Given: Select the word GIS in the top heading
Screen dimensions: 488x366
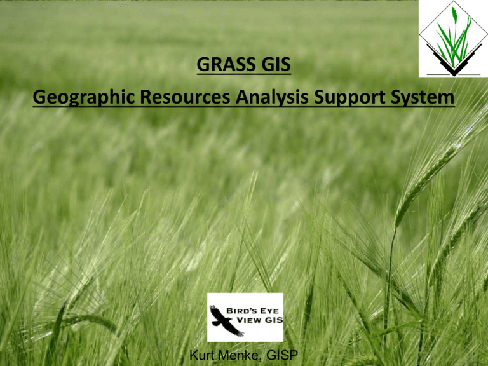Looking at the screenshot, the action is tap(276, 64).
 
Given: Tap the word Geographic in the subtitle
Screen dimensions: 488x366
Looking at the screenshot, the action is tap(84, 97).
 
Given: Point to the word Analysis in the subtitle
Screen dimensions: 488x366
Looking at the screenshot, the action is tap(272, 97).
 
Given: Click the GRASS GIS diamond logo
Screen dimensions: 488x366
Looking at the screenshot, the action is tap(454, 39).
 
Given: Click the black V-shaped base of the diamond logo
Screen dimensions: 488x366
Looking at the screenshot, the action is tap(454, 62).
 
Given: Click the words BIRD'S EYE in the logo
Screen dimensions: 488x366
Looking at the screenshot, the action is tap(252, 311).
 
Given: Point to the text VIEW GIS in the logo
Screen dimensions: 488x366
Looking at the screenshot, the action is tap(260, 320).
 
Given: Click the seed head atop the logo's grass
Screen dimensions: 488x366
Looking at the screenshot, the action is tap(454, 15).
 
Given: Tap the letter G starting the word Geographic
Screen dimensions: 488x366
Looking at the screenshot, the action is tap(39, 97).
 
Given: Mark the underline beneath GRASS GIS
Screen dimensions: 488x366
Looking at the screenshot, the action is tap(244, 74).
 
